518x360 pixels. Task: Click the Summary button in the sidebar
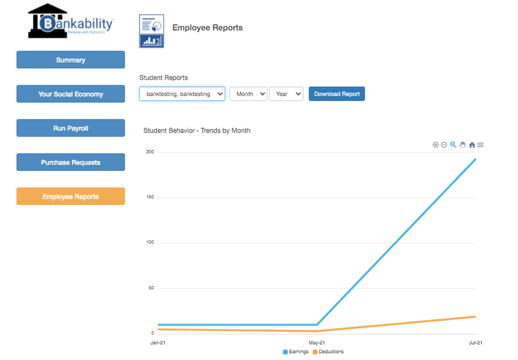(70, 60)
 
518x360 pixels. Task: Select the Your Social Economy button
(70, 94)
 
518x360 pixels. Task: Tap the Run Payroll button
(70, 128)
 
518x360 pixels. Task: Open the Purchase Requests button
(70, 162)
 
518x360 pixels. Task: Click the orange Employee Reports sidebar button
(70, 197)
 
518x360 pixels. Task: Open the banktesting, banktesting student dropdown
(181, 94)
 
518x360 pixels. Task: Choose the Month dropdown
(248, 94)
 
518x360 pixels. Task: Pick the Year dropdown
(286, 94)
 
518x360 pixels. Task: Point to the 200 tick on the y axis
(150, 152)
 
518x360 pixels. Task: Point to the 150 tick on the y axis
(150, 197)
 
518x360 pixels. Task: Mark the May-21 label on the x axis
(317, 342)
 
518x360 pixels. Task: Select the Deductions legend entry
(328, 352)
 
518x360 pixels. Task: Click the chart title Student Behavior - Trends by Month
(196, 131)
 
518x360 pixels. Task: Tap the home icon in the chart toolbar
(472, 145)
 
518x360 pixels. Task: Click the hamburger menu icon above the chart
(480, 145)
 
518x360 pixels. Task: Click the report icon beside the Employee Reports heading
(151, 31)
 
